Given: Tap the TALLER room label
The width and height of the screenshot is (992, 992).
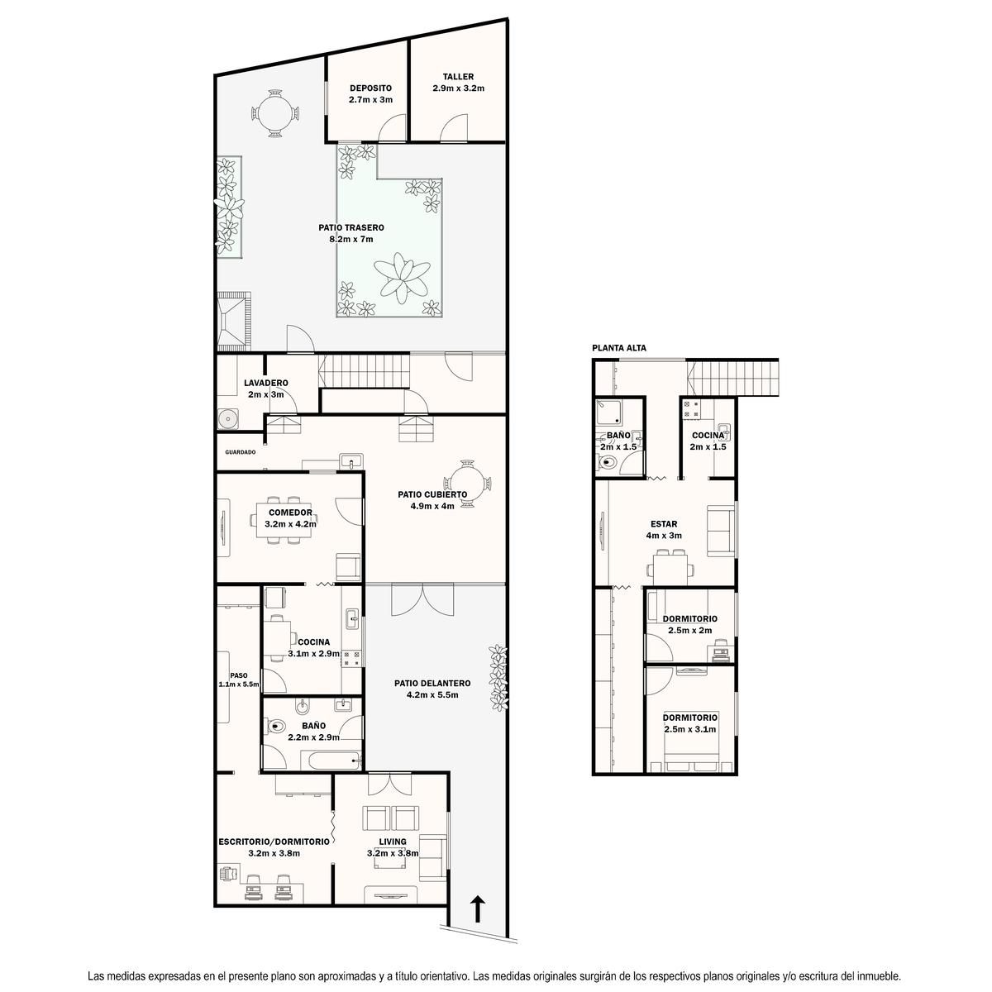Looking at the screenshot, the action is click(458, 77).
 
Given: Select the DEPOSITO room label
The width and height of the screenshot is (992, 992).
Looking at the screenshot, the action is click(370, 88).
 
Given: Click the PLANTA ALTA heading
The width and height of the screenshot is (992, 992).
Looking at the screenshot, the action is click(619, 348).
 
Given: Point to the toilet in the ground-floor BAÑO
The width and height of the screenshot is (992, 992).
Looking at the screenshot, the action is click(276, 727).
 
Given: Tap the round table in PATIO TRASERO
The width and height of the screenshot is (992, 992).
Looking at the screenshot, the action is click(275, 113).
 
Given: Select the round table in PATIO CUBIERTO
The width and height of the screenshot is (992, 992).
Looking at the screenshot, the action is click(467, 484).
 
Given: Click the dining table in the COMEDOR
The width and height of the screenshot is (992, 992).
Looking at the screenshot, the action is click(284, 520).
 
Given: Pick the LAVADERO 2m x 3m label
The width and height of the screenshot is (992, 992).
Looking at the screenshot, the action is click(265, 389).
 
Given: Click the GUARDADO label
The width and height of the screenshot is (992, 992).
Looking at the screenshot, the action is click(241, 452).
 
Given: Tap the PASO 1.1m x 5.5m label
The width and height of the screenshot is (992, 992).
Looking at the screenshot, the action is click(239, 680).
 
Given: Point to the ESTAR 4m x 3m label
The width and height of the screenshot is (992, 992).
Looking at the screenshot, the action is click(664, 530).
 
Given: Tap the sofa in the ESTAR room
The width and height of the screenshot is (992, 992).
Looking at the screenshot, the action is click(721, 531).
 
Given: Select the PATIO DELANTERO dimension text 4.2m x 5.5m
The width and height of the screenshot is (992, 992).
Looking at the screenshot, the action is click(432, 695).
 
